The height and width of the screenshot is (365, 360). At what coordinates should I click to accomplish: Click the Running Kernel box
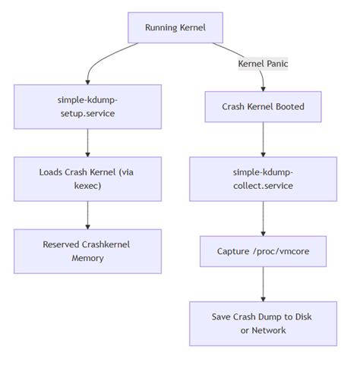pyautogui.click(x=175, y=28)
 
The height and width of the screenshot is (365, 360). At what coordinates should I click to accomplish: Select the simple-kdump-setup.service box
pyautogui.click(x=88, y=106)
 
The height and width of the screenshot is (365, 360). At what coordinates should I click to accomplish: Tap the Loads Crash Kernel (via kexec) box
pyautogui.click(x=88, y=178)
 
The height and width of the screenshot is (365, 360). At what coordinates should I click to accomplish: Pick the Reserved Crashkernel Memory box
pyautogui.click(x=88, y=251)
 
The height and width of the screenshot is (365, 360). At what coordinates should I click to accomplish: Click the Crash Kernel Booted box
pyautogui.click(x=264, y=107)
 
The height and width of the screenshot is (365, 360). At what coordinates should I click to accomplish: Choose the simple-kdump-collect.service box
pyautogui.click(x=264, y=179)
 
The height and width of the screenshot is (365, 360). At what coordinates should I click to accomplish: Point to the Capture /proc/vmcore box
pyautogui.click(x=264, y=251)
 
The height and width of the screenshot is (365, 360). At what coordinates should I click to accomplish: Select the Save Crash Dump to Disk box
pyautogui.click(x=264, y=323)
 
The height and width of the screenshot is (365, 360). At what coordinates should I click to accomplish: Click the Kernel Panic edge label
pyautogui.click(x=264, y=65)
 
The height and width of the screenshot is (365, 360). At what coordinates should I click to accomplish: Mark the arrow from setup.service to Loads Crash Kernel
pyautogui.click(x=88, y=143)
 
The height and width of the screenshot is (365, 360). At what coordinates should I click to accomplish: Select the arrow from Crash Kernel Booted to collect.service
pyautogui.click(x=264, y=140)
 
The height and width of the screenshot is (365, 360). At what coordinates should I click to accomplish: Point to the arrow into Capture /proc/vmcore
pyautogui.click(x=264, y=219)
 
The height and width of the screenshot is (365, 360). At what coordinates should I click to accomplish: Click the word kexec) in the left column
pyautogui.click(x=88, y=186)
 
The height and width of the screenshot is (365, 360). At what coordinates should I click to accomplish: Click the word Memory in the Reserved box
pyautogui.click(x=88, y=259)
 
